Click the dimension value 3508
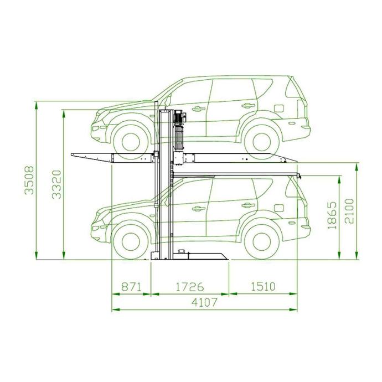point(29,180)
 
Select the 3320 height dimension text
point(57,184)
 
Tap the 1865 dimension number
point(332,215)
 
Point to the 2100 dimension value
point(349,211)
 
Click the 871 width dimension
point(131,287)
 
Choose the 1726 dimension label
point(189,287)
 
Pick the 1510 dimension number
point(263,287)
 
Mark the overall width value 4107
point(204,303)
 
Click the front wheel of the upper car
point(131,142)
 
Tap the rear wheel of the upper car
point(262,142)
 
